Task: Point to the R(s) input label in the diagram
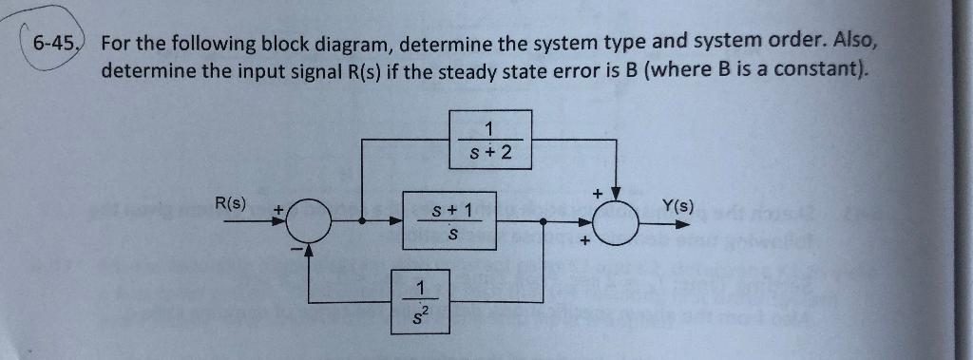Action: coord(231,203)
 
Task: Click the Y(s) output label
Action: coord(677,205)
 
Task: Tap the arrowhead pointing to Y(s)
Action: coord(682,225)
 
